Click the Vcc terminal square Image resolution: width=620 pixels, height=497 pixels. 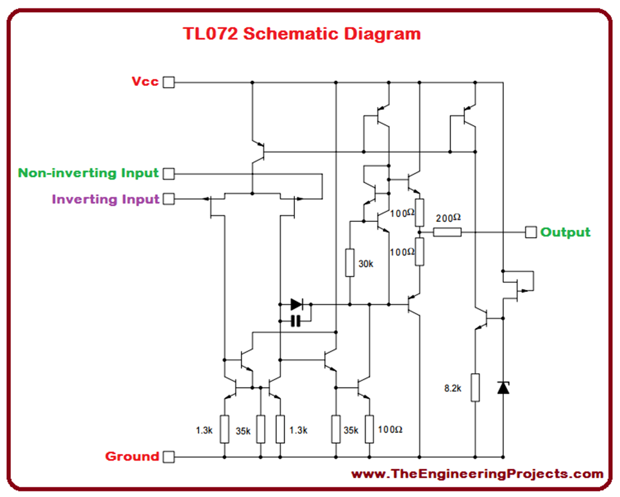click(169, 82)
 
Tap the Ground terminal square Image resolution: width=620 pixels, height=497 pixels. click(169, 456)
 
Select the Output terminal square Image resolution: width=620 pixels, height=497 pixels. click(531, 232)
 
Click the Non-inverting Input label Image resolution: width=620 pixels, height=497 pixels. click(88, 174)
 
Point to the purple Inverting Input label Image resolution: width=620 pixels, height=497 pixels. click(105, 199)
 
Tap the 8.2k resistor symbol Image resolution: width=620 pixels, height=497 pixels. click(476, 388)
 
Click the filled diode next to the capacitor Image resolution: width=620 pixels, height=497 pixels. click(296, 304)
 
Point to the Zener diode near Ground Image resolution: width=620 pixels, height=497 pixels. click(503, 387)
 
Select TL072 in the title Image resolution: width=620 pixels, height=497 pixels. click(213, 33)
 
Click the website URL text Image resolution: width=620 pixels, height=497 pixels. click(478, 475)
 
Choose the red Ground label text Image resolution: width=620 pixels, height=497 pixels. click(132, 456)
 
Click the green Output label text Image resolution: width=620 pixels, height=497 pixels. click(566, 232)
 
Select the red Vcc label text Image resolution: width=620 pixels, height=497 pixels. click(145, 81)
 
